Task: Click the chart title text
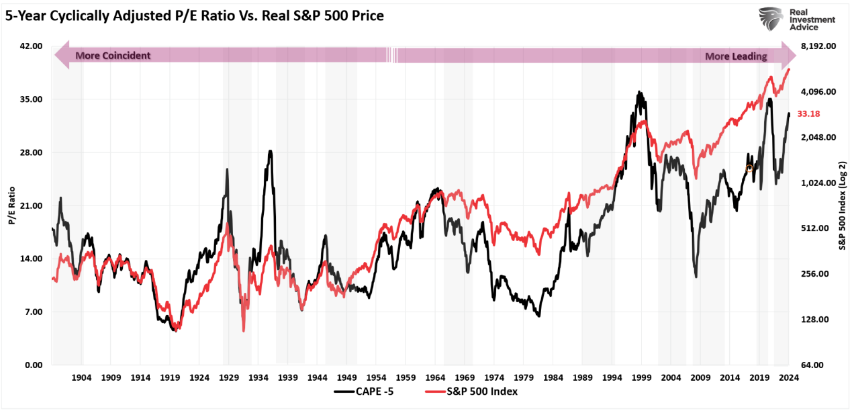pyautogui.click(x=194, y=15)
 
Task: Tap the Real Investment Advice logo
pyautogui.click(x=797, y=20)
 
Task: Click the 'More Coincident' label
pyautogui.click(x=113, y=56)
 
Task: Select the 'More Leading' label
pyautogui.click(x=735, y=57)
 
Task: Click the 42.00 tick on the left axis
pyautogui.click(x=29, y=46)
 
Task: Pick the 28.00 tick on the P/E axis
pyautogui.click(x=29, y=152)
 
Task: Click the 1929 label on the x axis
pyautogui.click(x=229, y=378)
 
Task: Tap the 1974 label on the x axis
pyautogui.click(x=494, y=378)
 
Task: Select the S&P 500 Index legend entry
pyautogui.click(x=470, y=391)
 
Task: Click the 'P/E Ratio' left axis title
pyautogui.click(x=11, y=205)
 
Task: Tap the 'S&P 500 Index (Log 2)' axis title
pyautogui.click(x=842, y=205)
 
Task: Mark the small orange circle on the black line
pyautogui.click(x=749, y=168)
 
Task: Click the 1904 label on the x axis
pyautogui.click(x=81, y=378)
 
